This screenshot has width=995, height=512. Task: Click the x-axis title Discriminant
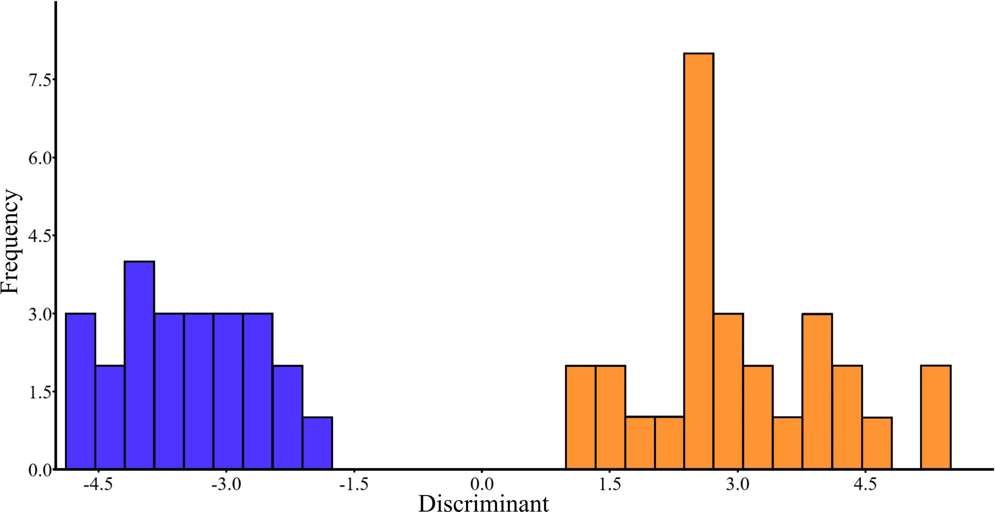click(x=483, y=503)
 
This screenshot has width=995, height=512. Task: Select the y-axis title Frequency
click(x=10, y=241)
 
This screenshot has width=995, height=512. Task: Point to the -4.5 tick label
click(x=98, y=484)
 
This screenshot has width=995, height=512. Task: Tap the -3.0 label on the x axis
click(x=226, y=484)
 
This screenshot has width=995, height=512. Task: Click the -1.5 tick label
click(x=353, y=484)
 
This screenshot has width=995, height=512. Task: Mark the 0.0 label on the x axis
click(x=482, y=484)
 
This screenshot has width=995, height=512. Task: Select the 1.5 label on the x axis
click(x=610, y=484)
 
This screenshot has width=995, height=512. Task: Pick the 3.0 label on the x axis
click(x=737, y=484)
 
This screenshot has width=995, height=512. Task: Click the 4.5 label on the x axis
click(x=865, y=484)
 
